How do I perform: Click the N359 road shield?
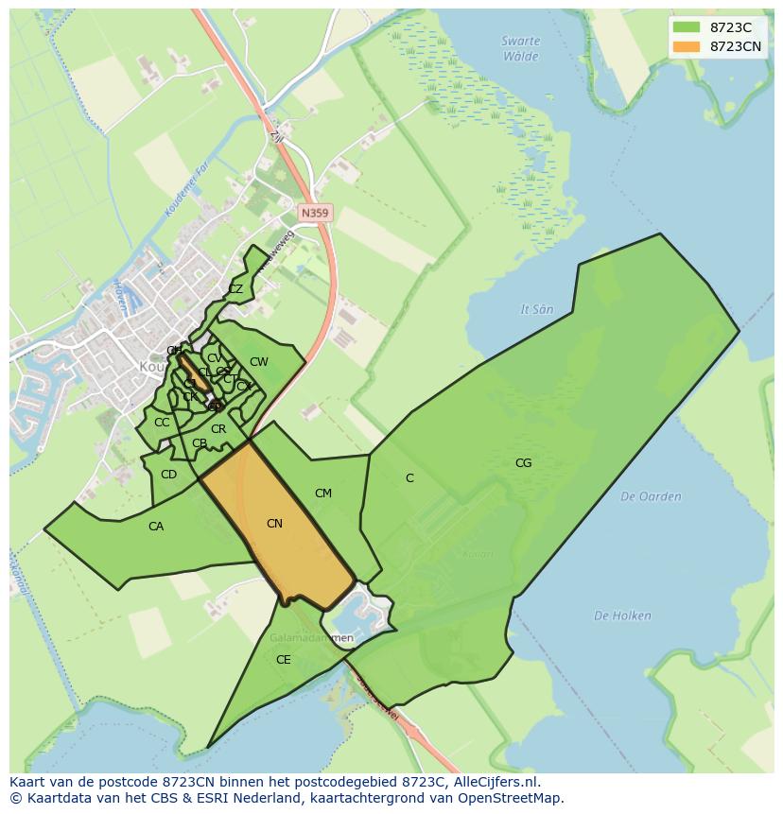[x=314, y=214]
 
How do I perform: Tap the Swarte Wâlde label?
[x=521, y=48]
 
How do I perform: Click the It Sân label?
[x=536, y=309]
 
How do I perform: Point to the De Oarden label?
[x=651, y=496]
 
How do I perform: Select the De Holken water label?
[x=622, y=615]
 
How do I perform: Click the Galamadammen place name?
[x=311, y=638]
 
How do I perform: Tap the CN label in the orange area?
[x=274, y=524]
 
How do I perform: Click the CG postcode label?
[x=523, y=463]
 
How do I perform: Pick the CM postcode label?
[x=323, y=494]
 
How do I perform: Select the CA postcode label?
[x=156, y=527]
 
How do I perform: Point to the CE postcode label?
[x=283, y=660]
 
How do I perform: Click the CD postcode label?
[x=168, y=475]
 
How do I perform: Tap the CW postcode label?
[x=258, y=362]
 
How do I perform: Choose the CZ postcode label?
[x=235, y=289]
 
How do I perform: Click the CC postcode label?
[x=162, y=423]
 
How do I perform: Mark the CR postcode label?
[x=218, y=429]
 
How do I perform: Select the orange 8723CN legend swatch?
[x=687, y=46]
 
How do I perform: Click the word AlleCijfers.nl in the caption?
[x=495, y=782]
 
